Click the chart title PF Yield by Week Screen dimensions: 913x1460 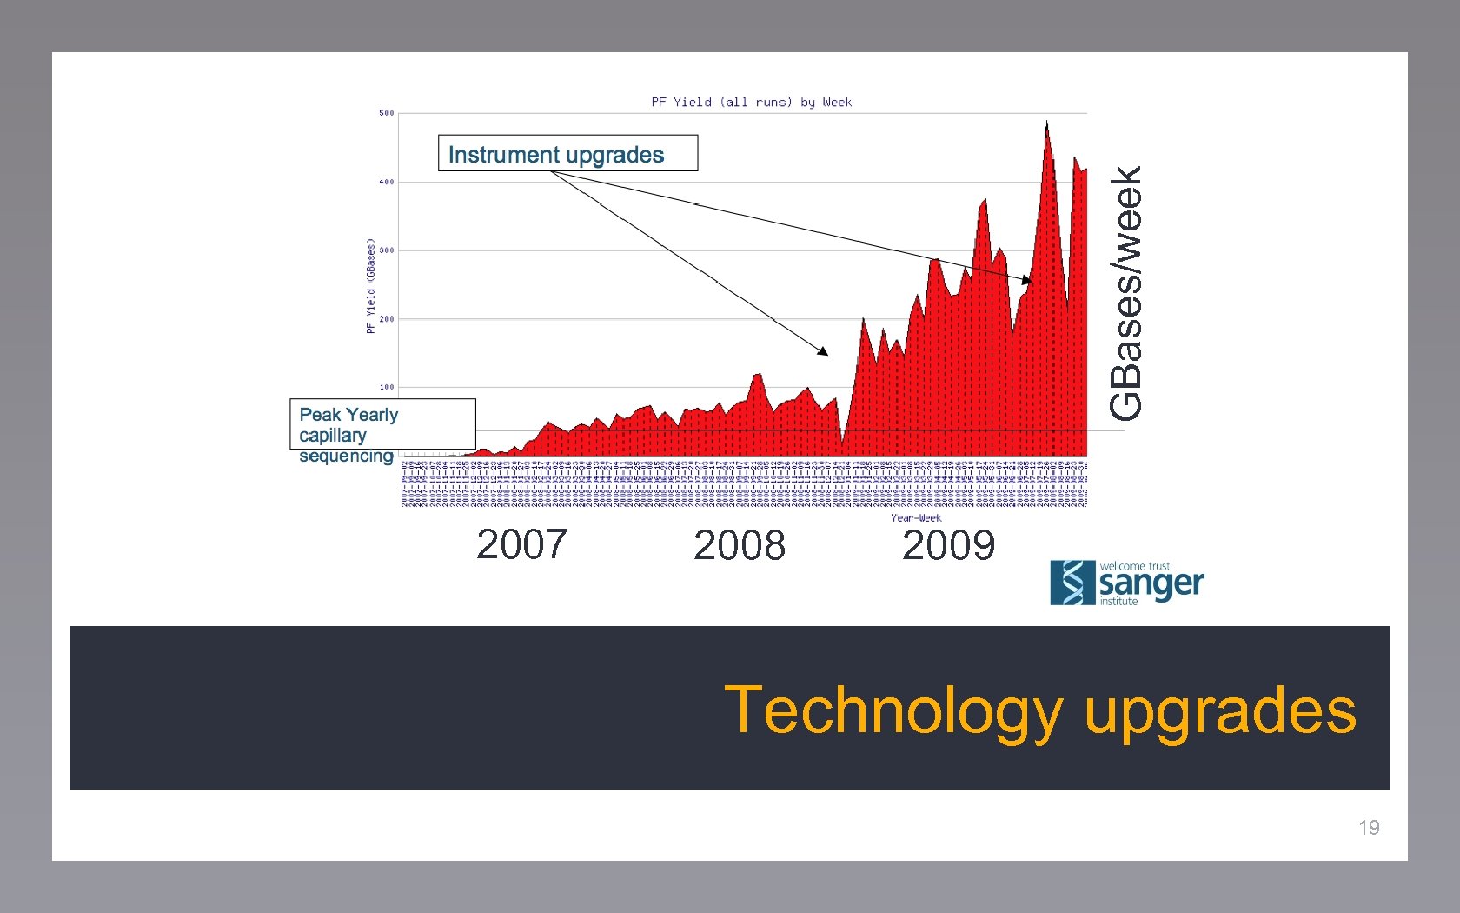click(751, 103)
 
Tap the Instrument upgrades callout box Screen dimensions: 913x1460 click(567, 154)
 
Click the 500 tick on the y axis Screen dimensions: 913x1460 click(386, 113)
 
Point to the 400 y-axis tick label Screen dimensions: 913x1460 click(386, 182)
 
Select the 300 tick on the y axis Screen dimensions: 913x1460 click(386, 250)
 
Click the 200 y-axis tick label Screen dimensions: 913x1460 click(386, 319)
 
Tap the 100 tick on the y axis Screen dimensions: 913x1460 click(386, 387)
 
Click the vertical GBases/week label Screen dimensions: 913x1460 click(1126, 293)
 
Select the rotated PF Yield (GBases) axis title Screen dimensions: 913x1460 click(371, 286)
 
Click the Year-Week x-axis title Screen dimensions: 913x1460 click(915, 518)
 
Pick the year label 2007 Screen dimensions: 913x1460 click(521, 545)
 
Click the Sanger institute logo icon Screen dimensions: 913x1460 click(1072, 583)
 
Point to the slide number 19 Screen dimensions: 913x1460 click(1369, 828)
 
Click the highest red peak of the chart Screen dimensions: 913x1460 click(1046, 123)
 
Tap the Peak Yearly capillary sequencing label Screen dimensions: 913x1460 click(348, 434)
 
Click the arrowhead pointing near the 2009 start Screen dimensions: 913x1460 click(823, 351)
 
